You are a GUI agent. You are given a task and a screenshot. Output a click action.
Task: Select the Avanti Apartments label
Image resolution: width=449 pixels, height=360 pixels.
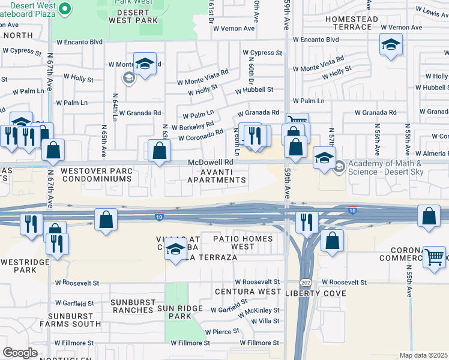coord(217,176)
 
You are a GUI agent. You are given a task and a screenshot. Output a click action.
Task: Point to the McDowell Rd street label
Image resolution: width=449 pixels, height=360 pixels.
coord(210,163)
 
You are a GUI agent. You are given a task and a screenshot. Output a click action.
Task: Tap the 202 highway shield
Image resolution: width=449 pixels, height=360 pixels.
coord(306,282)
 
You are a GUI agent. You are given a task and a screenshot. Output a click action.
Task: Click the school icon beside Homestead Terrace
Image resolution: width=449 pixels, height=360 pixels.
coord(391,44)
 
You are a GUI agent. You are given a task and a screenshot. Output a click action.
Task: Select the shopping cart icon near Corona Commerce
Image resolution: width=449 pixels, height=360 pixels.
coord(434,257)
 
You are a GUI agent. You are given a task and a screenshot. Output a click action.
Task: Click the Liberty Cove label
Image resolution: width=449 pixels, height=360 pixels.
coord(316,293)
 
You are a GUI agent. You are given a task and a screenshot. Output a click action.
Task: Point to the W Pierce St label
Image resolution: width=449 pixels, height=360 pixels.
coord(222,331)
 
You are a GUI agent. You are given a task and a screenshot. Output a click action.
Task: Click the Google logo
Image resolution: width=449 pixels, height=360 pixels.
coord(19,353)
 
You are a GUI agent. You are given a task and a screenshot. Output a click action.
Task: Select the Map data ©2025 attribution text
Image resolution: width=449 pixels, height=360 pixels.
coord(423,355)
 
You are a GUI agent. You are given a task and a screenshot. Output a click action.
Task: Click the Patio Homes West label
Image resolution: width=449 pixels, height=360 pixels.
coord(243,243)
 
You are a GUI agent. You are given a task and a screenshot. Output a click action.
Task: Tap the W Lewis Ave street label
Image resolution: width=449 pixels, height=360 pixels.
coord(428,11)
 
